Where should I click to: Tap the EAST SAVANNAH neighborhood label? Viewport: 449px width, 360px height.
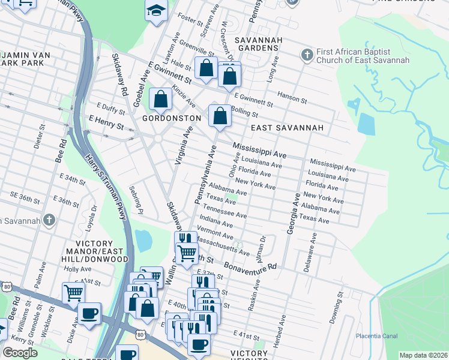coord(287,128)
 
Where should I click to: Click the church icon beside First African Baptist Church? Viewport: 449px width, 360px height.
coord(307,55)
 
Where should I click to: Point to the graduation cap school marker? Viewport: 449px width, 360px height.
coord(156,11)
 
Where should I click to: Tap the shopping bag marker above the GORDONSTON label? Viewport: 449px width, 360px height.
coord(160,100)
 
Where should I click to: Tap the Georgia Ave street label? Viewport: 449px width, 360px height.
coord(292,213)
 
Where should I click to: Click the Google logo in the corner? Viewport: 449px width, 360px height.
coord(20,353)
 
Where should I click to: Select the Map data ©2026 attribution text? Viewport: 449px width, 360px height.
coord(423,355)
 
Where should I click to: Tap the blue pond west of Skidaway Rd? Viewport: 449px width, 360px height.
coord(144,241)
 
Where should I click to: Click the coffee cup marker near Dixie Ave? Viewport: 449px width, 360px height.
coord(89,314)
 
